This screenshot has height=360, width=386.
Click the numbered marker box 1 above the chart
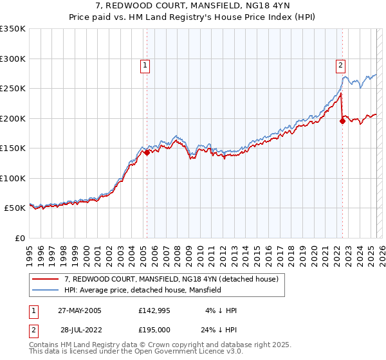tap(145, 65)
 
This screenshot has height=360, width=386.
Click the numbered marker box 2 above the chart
tap(340, 65)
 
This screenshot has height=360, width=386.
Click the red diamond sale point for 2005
tap(147, 153)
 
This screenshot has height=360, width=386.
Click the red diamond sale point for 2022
tap(342, 122)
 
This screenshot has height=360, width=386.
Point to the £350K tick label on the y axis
tap(13, 29)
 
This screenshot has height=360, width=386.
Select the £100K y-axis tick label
tap(13, 178)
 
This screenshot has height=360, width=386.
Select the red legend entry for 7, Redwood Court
tap(171, 279)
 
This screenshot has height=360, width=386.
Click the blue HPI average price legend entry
tap(142, 290)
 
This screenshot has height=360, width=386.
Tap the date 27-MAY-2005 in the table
tap(80, 310)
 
